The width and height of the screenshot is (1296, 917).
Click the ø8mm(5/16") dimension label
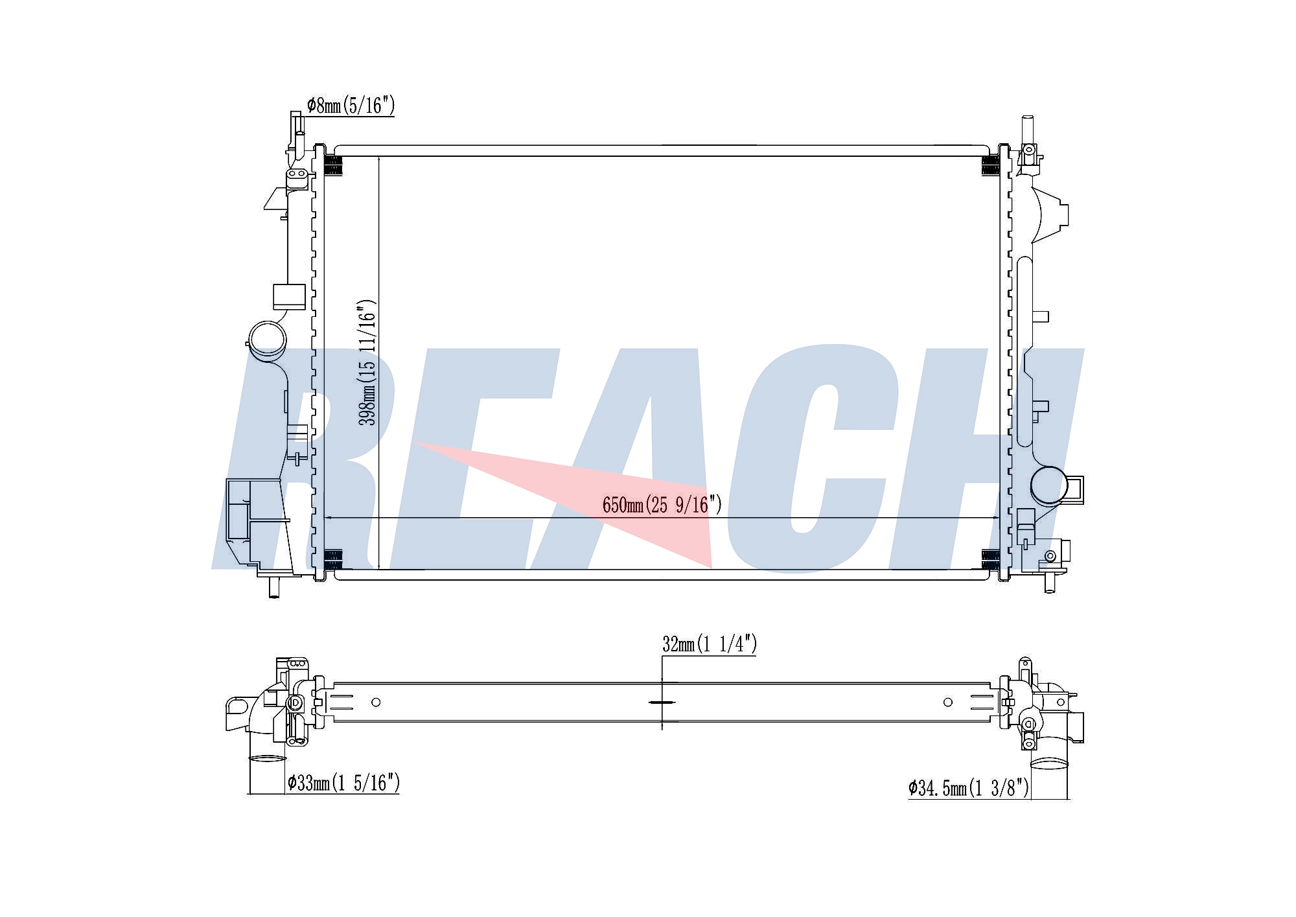(x=351, y=106)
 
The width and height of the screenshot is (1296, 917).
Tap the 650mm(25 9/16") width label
(x=662, y=504)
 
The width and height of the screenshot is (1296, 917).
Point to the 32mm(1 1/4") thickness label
(x=710, y=644)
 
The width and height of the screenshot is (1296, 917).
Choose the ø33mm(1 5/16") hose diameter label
(x=343, y=783)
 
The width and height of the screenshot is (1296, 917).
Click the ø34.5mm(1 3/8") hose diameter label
(x=968, y=787)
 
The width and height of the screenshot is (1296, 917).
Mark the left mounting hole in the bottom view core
(x=376, y=702)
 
